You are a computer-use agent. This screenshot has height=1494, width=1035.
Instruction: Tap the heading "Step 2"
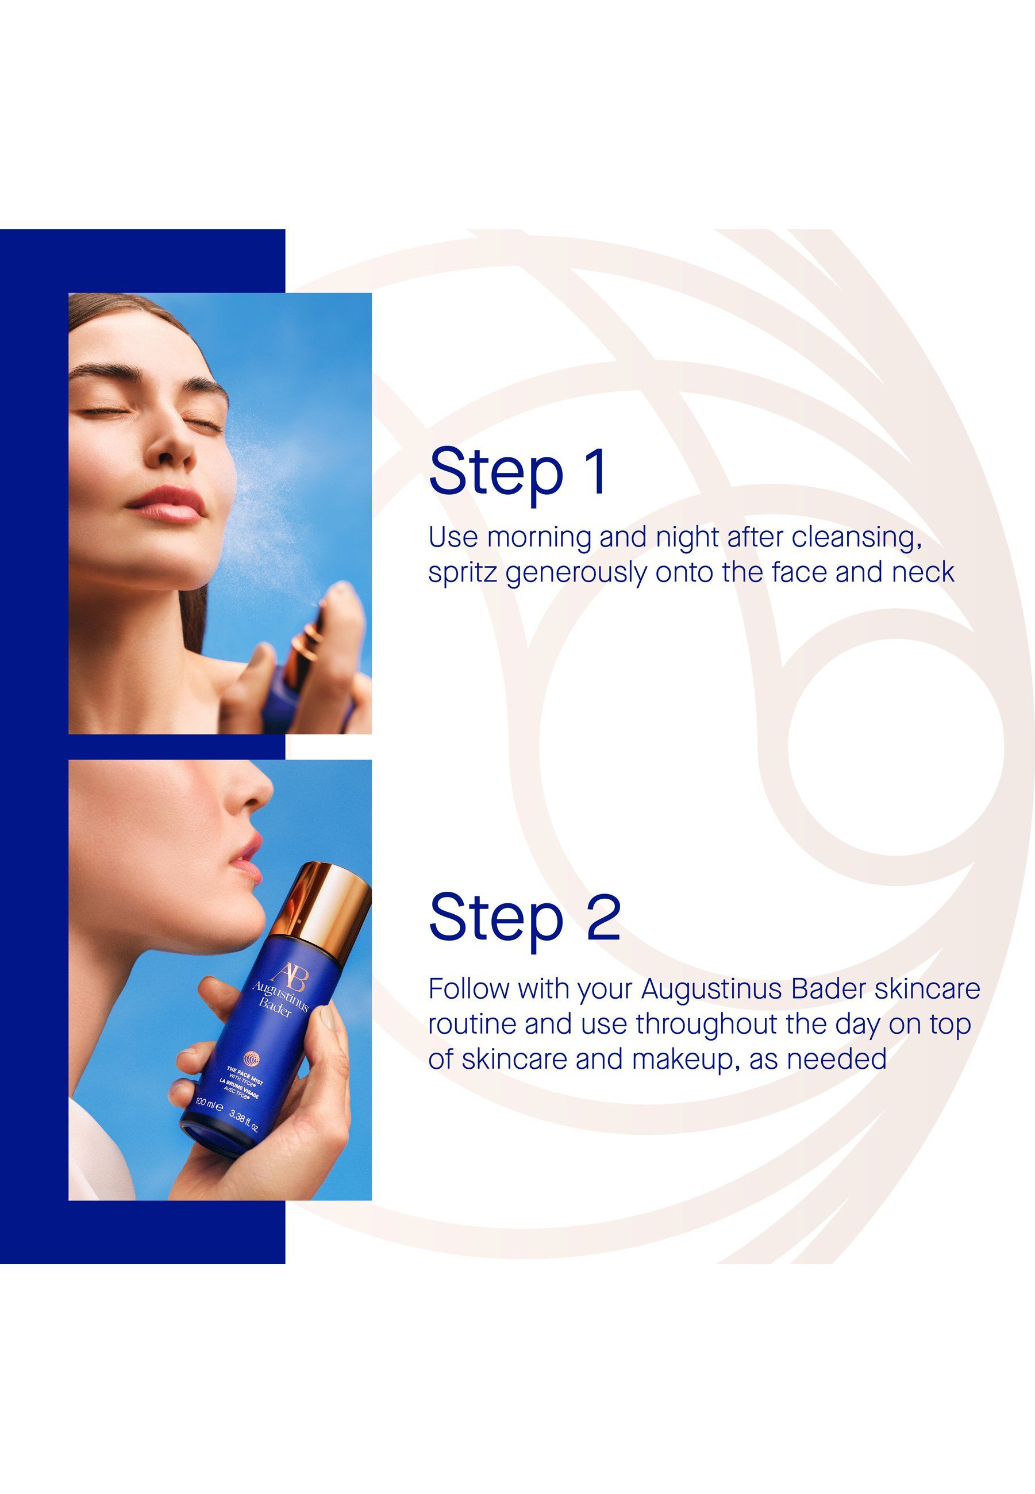coord(525,918)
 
